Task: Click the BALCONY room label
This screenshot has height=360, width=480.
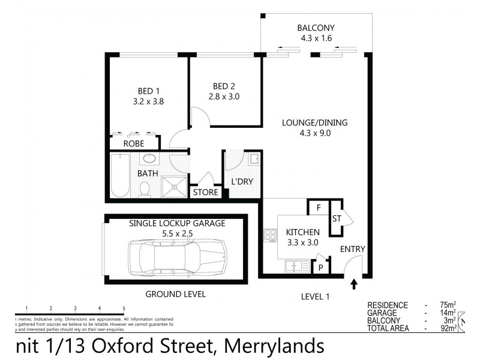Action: point(316,28)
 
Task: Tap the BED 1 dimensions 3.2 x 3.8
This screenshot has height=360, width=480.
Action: point(148,101)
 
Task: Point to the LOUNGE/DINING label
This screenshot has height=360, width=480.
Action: point(315,123)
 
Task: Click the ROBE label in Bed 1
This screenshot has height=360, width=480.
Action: point(134,144)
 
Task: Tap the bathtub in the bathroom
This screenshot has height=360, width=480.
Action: point(120,175)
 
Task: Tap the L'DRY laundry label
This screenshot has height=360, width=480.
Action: point(239,182)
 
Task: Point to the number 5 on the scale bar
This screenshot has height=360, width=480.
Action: point(124,308)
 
